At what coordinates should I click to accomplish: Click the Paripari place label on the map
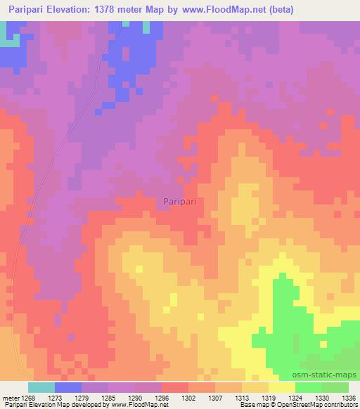180,201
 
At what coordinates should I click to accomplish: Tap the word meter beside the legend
11,396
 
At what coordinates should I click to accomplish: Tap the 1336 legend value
349,396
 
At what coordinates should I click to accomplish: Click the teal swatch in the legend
41,387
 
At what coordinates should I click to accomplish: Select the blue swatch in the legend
68,387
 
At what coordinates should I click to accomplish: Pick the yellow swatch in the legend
282,387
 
